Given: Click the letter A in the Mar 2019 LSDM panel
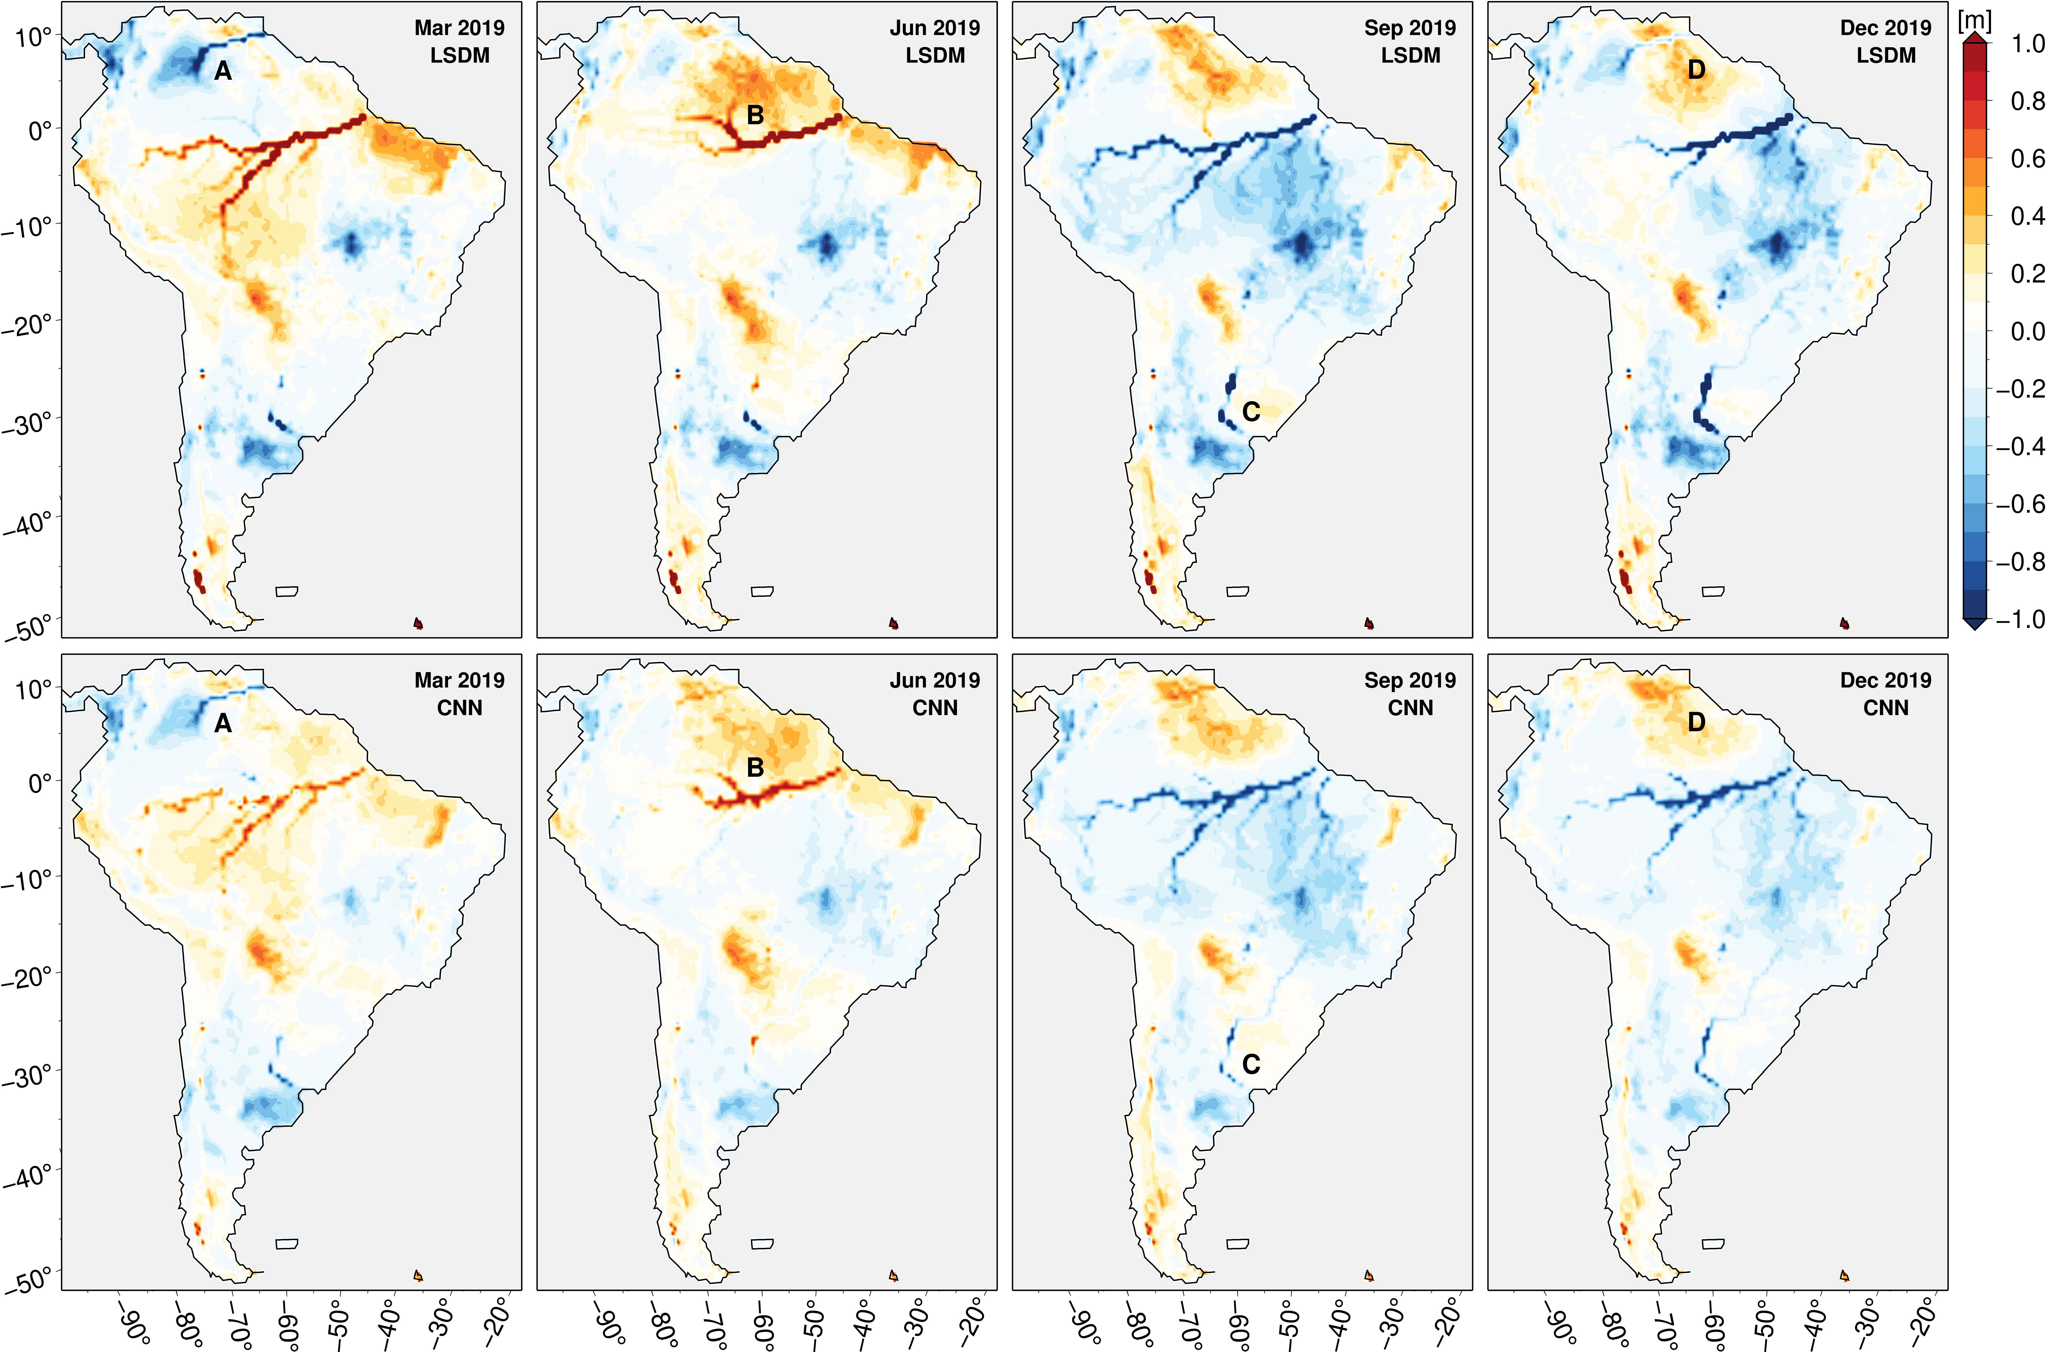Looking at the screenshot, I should coord(223,72).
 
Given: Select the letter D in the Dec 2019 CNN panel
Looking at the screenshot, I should coord(1695,722).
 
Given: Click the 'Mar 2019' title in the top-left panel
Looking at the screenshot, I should coord(459,28).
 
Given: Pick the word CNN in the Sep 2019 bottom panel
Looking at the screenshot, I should coord(1410,708).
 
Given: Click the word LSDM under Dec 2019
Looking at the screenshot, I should coord(1886,55).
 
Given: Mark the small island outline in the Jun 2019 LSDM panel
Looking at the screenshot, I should coord(762,592).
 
